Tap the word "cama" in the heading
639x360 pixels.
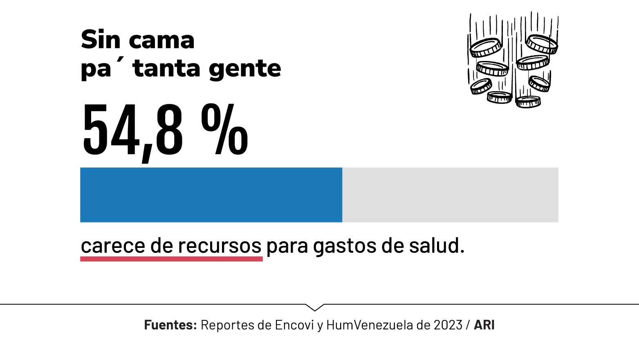point(161,41)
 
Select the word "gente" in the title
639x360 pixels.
point(245,69)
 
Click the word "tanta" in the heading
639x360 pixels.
point(166,68)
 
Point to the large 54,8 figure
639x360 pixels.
point(132,130)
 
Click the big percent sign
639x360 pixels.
point(224,130)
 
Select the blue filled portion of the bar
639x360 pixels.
point(211,195)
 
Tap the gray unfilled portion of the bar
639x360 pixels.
point(450,195)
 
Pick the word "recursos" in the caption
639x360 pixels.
point(220,246)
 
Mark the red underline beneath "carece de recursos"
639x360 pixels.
point(171,259)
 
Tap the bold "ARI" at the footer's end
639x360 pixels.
point(484,325)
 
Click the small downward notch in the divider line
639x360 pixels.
point(315,307)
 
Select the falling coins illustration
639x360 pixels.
point(513,60)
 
